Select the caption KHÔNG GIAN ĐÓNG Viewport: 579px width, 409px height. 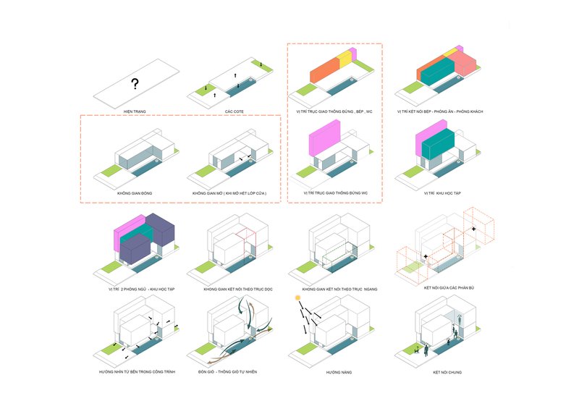[135, 194]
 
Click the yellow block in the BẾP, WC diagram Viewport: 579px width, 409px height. [345, 59]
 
